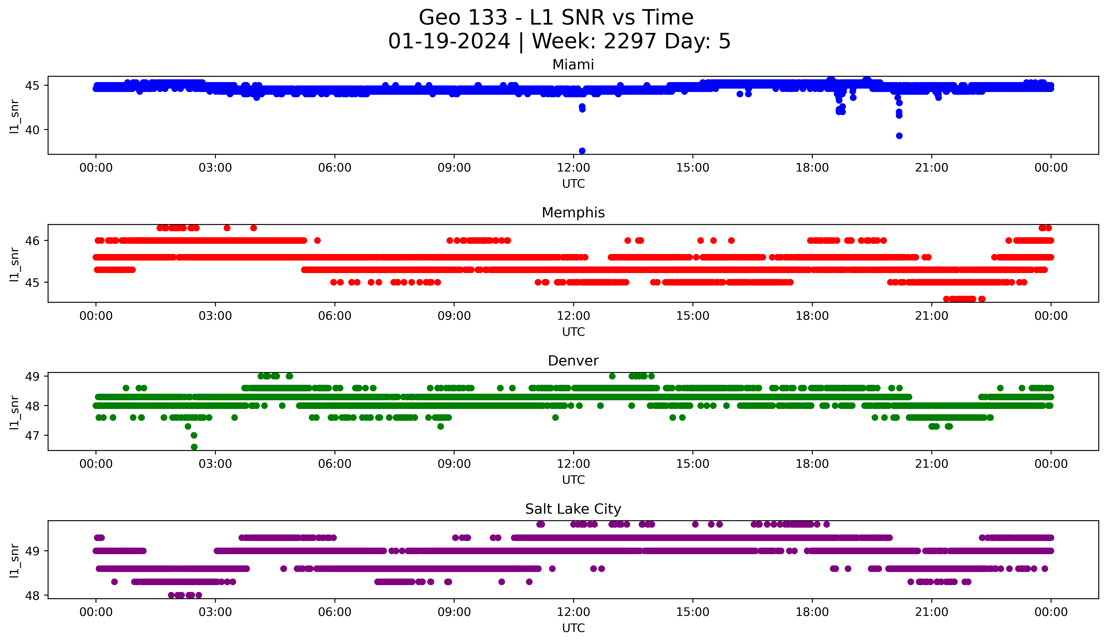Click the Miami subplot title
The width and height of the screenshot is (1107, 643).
coord(573,65)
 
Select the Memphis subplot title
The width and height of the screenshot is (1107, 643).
coord(573,213)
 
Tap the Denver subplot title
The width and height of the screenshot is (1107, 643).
coord(573,361)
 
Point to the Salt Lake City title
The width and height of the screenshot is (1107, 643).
coord(573,509)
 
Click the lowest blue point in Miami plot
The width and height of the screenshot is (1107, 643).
coord(582,151)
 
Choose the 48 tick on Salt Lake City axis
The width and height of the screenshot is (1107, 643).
coord(32,596)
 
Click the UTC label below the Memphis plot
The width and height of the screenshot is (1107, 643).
coord(573,332)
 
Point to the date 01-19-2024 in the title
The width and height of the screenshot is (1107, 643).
coord(449,41)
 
